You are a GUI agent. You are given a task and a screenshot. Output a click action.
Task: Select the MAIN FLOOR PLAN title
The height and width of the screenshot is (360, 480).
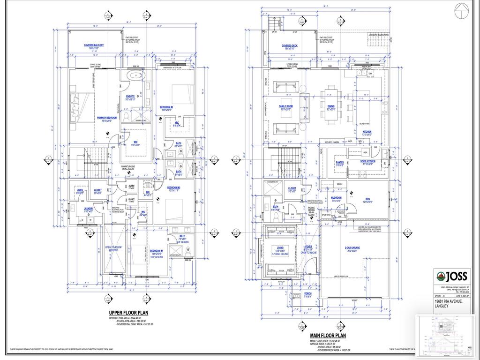[328, 336]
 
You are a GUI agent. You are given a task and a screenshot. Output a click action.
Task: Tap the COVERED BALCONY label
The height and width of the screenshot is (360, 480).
[94, 45]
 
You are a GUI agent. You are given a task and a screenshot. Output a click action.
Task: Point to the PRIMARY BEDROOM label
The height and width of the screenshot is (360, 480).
[107, 118]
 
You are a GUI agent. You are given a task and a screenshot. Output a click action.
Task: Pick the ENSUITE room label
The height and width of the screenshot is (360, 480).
[130, 97]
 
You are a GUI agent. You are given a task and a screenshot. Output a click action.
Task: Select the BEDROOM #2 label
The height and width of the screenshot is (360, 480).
[166, 107]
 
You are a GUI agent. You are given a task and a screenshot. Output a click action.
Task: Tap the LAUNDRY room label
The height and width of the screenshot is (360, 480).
[89, 209]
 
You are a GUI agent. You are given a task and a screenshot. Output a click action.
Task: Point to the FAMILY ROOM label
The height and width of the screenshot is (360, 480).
[286, 106]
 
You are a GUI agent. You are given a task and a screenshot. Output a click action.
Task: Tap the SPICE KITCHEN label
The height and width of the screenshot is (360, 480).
[367, 161]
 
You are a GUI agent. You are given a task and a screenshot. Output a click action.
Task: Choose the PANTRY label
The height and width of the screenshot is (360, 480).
[339, 163]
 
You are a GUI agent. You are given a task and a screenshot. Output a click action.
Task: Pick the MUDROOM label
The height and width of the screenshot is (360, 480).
[336, 198]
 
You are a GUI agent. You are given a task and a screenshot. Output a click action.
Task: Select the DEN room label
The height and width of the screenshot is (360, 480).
[367, 199]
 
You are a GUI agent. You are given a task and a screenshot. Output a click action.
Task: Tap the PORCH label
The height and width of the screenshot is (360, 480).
[307, 293]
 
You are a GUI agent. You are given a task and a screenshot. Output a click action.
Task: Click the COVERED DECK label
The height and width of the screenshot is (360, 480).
[291, 46]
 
